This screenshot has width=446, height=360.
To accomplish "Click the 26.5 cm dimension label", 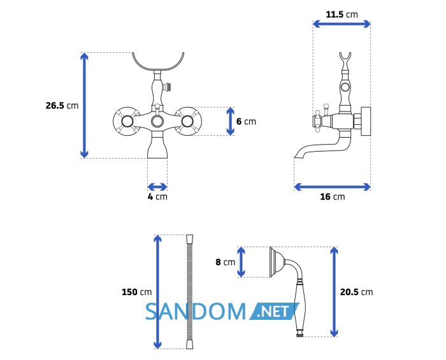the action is click(x=62, y=106).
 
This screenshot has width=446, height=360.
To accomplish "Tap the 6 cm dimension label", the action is click(x=246, y=122).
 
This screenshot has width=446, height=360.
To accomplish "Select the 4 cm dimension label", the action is click(x=157, y=196).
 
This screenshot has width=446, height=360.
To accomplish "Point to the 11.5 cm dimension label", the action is click(x=342, y=14).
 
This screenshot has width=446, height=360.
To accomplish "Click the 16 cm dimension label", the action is click(x=332, y=196).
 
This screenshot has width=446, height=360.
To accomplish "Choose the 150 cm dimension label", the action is click(x=136, y=292).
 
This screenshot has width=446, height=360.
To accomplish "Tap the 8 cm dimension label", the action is click(x=226, y=262).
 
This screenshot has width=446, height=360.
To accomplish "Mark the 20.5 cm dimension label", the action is click(x=356, y=292).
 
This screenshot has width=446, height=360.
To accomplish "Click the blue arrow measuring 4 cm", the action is click(x=157, y=187).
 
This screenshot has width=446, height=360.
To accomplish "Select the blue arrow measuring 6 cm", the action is click(x=231, y=122).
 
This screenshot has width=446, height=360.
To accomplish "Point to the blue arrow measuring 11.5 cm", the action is click(x=342, y=24).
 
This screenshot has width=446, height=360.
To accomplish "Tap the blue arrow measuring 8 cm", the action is click(x=241, y=262).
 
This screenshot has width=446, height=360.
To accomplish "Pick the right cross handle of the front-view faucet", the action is click(x=188, y=122).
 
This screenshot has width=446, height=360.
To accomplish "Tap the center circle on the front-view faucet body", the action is click(x=157, y=122).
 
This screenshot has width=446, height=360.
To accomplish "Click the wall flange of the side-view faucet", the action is click(x=366, y=122).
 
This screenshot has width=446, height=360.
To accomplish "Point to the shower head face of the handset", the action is click(x=271, y=262).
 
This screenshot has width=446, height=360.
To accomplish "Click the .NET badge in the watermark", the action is click(x=275, y=312).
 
